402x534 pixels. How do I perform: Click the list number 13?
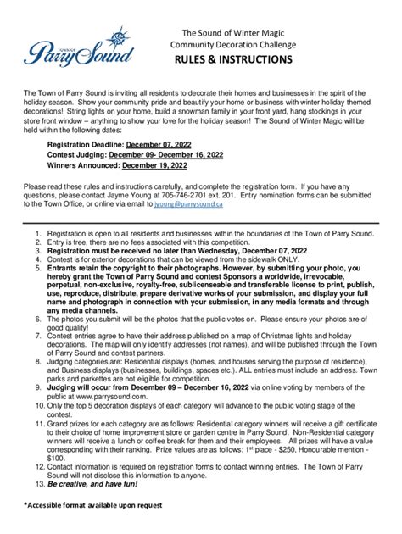[x=39, y=484]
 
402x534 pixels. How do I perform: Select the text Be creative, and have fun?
[x=94, y=484]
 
